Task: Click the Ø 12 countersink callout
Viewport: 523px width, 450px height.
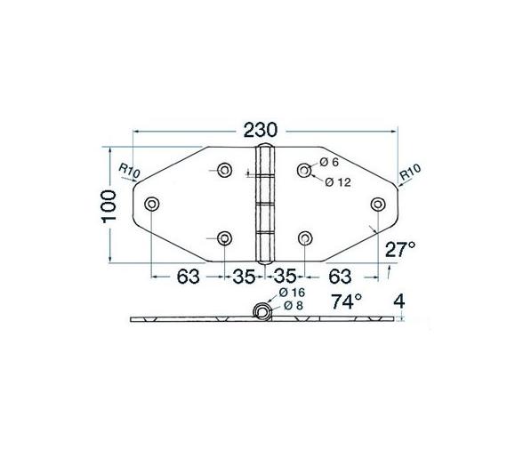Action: pyautogui.click(x=339, y=182)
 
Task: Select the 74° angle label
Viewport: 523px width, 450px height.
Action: pyautogui.click(x=348, y=302)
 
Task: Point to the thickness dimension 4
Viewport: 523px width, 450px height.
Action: pyautogui.click(x=400, y=301)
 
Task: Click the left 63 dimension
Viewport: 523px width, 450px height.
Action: pyautogui.click(x=187, y=276)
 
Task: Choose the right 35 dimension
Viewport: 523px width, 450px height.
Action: pyautogui.click(x=286, y=276)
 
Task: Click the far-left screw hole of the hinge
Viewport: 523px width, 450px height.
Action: pyautogui.click(x=151, y=204)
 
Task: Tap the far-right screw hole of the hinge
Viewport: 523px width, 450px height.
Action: pyautogui.click(x=378, y=204)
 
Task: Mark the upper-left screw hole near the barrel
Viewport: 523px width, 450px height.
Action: pyautogui.click(x=224, y=170)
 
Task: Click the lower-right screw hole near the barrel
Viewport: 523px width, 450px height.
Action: pyautogui.click(x=305, y=237)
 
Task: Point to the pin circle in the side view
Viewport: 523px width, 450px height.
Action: pyautogui.click(x=262, y=312)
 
